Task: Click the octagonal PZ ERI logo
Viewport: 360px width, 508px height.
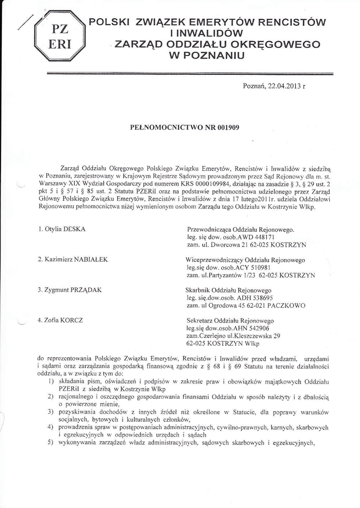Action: click(60, 35)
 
